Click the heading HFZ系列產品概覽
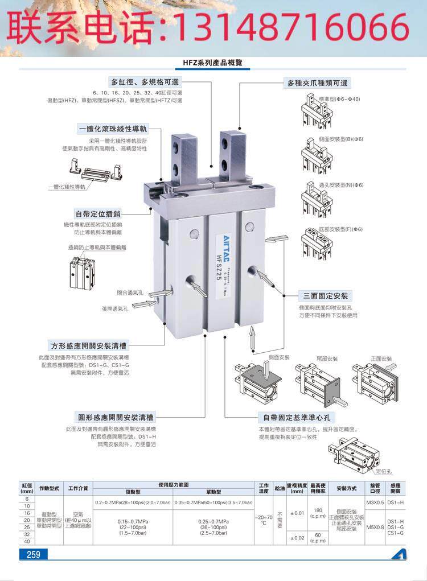tap(213, 63)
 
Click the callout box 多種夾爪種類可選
tap(318, 83)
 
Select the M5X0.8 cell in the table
tap(375, 526)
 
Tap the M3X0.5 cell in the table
tap(375, 502)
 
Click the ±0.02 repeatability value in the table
tap(295, 537)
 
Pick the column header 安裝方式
tap(346, 488)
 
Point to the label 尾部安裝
tap(327, 359)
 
